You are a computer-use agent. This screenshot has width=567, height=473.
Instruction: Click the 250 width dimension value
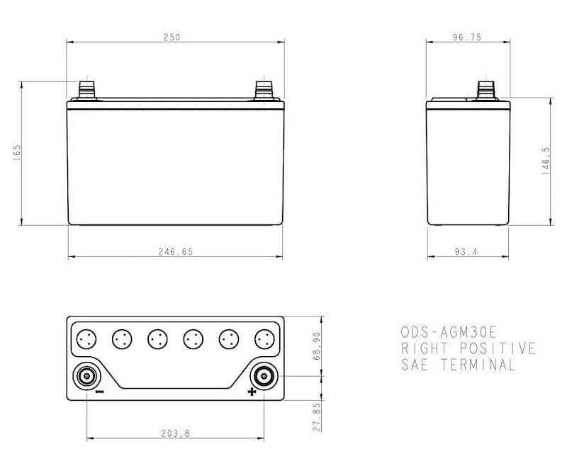point(172,38)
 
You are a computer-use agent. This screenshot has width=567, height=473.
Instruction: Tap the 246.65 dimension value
point(175,251)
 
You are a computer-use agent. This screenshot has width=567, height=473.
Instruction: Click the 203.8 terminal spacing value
point(175,433)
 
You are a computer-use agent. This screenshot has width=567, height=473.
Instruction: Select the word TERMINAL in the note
point(480,365)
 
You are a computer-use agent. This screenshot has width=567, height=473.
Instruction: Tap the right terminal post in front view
point(264,90)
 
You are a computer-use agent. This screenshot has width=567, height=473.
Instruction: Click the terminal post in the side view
point(485,90)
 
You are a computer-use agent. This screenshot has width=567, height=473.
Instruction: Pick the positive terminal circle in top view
point(264,375)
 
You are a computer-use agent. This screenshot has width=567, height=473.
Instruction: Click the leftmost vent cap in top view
point(86,339)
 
